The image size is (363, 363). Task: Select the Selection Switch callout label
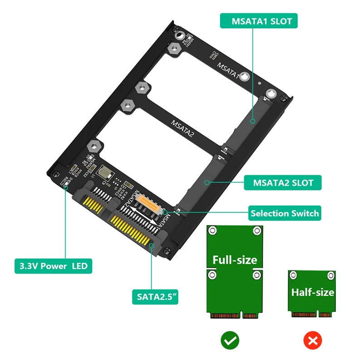285,213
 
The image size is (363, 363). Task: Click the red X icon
312,339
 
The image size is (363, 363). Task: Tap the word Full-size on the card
235,260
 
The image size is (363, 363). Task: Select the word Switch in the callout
304,213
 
